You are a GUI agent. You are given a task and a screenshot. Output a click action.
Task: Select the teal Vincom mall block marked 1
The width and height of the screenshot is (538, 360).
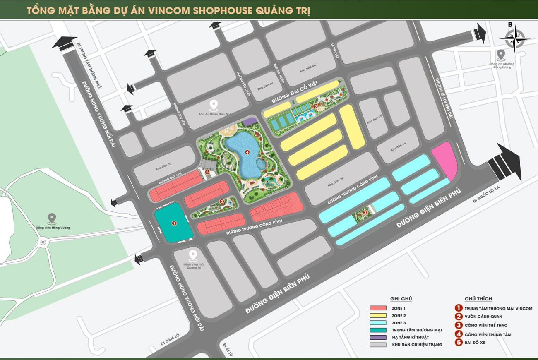[173, 223]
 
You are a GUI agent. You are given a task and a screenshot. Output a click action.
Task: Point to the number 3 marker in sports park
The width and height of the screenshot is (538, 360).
[315, 106]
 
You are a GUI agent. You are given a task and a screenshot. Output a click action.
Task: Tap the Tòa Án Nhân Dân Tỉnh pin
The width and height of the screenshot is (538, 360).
[214, 105]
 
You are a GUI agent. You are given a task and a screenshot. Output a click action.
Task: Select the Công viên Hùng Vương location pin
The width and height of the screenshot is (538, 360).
[52, 218]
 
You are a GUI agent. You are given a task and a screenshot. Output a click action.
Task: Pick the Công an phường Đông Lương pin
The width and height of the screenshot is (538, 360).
[501, 55]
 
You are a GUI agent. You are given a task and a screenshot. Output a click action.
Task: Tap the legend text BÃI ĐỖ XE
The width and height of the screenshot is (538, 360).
[480, 343]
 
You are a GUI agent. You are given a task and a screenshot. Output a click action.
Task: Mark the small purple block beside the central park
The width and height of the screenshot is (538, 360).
[250, 121]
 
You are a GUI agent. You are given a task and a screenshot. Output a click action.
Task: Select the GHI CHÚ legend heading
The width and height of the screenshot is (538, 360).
[401, 299]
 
